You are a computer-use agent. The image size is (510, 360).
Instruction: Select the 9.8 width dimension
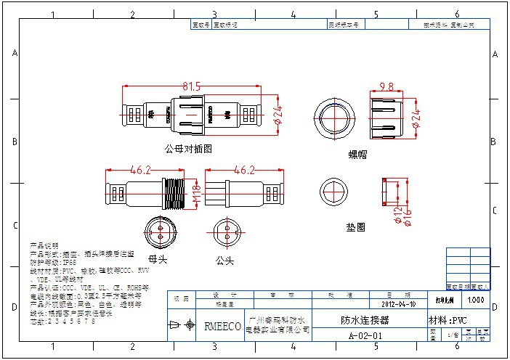[x=386, y=86]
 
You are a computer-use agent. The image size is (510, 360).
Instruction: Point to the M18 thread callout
[x=196, y=192]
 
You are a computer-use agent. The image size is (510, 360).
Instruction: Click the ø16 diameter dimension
[x=408, y=215]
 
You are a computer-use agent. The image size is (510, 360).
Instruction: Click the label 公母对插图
[x=188, y=148]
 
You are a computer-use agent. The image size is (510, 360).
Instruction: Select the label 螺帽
[x=358, y=154]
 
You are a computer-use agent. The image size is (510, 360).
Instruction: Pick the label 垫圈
[x=355, y=226]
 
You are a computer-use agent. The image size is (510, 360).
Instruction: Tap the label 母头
[x=158, y=258]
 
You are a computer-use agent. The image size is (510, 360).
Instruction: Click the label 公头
[x=224, y=258]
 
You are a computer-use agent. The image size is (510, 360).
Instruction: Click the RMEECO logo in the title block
[x=222, y=327]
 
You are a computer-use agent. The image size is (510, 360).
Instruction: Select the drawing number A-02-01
[x=365, y=336]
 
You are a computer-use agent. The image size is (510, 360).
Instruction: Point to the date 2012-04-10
[x=392, y=305]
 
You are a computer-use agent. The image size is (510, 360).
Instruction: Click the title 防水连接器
[x=365, y=320]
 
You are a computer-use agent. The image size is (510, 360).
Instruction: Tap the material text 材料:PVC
[x=448, y=320]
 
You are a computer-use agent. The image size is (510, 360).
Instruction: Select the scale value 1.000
[x=477, y=299]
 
